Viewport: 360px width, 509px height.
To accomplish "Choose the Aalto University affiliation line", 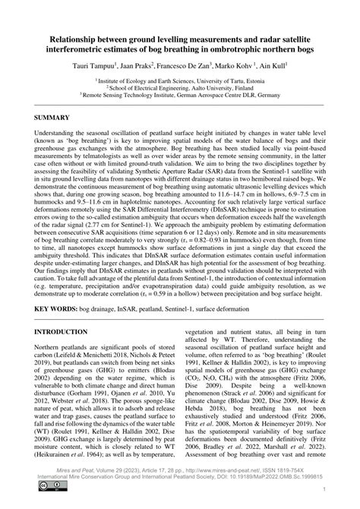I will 180,87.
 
